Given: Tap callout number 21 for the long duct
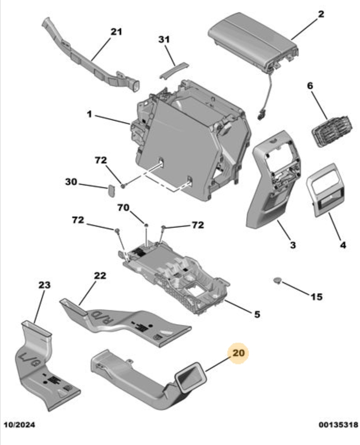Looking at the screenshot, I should (116, 32).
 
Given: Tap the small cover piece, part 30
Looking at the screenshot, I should (111, 190).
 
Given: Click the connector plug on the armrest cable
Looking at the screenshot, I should (263, 115).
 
